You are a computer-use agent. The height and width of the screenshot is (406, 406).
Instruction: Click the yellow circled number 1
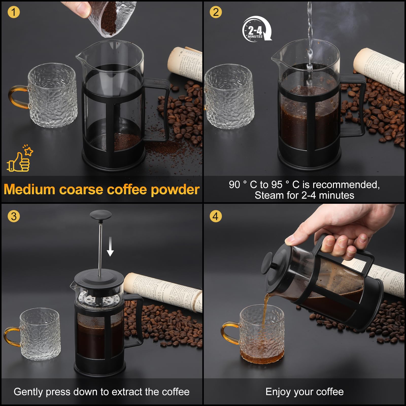(x=14, y=12)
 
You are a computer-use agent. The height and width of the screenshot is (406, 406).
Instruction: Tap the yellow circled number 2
(x=216, y=12)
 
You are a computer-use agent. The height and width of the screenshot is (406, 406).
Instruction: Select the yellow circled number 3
(x=14, y=216)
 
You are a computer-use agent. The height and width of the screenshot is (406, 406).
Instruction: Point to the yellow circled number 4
(x=215, y=216)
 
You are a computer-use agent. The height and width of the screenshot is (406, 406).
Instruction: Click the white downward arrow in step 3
(x=110, y=246)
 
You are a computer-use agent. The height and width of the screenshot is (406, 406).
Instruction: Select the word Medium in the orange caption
(x=29, y=190)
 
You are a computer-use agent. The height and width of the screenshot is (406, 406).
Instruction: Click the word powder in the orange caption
(x=175, y=190)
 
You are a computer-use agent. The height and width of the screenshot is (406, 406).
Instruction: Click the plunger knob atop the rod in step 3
(x=100, y=215)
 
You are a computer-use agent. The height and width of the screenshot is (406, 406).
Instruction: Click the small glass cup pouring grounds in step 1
(x=112, y=19)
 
